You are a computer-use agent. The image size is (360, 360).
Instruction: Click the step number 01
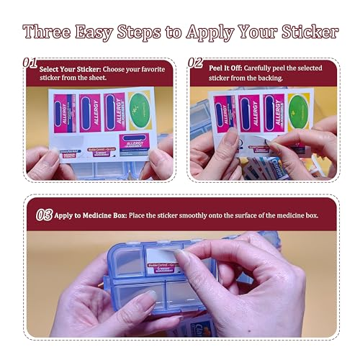click(30, 63)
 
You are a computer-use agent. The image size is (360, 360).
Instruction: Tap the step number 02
click(195, 63)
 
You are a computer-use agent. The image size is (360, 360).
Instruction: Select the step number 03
click(44, 215)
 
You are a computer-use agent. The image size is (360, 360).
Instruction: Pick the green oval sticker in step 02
click(297, 109)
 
